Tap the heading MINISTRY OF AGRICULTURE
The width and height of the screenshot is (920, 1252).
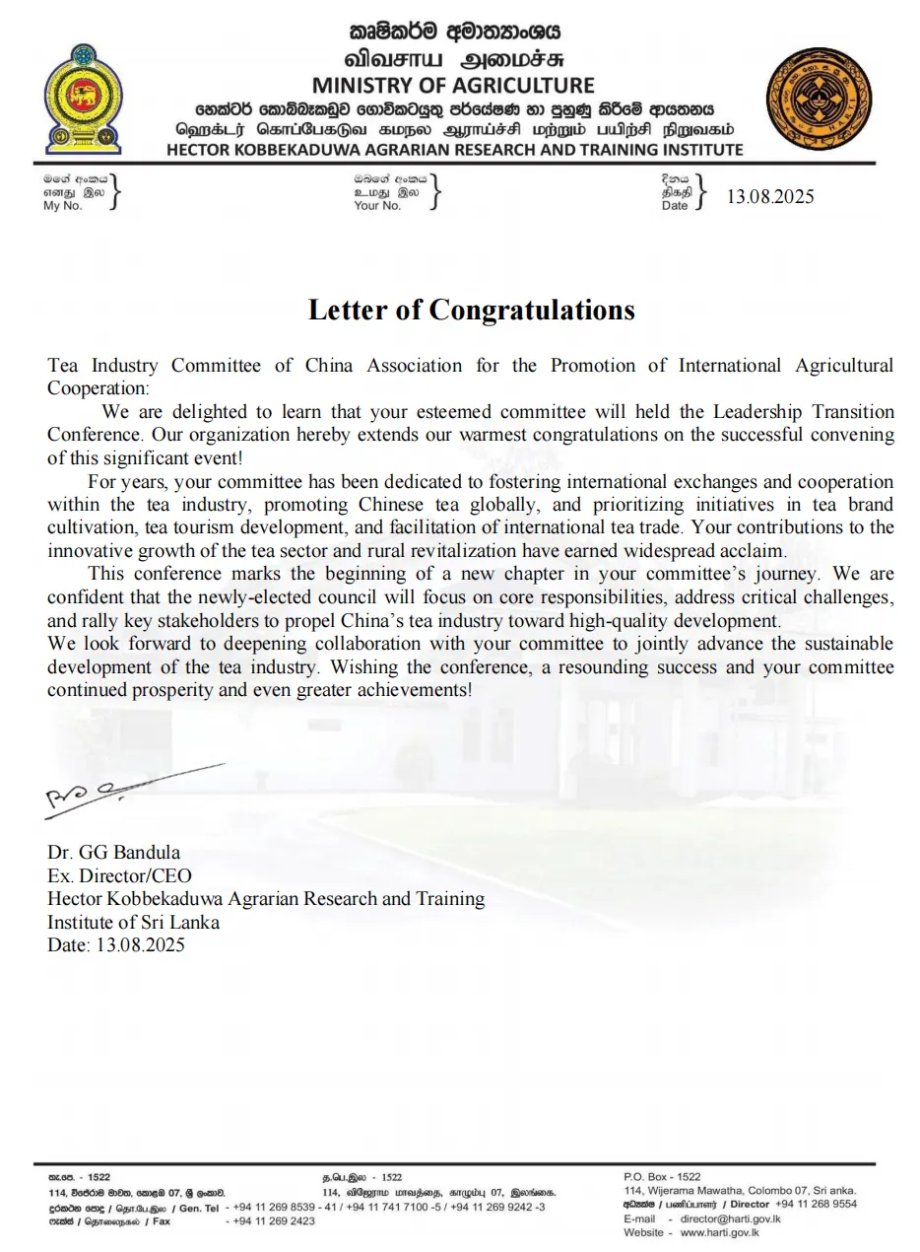click(x=453, y=86)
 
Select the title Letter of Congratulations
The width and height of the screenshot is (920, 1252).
click(x=471, y=310)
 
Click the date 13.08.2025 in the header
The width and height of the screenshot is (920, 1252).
click(x=770, y=196)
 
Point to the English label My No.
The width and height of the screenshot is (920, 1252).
click(x=62, y=206)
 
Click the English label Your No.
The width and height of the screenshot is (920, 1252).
click(x=377, y=206)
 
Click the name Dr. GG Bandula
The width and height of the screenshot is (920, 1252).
click(x=113, y=852)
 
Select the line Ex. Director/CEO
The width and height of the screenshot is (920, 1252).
click(x=119, y=875)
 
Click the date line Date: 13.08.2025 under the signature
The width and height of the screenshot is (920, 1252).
click(x=115, y=944)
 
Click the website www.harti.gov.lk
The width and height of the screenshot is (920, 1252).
click(x=719, y=1232)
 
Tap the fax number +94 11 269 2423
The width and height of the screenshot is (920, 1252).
click(x=274, y=1221)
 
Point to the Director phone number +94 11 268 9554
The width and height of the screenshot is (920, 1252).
click(x=816, y=1204)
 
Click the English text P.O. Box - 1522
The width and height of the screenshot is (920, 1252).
click(x=662, y=1177)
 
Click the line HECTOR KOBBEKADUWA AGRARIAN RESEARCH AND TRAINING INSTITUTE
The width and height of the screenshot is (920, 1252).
click(x=454, y=150)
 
